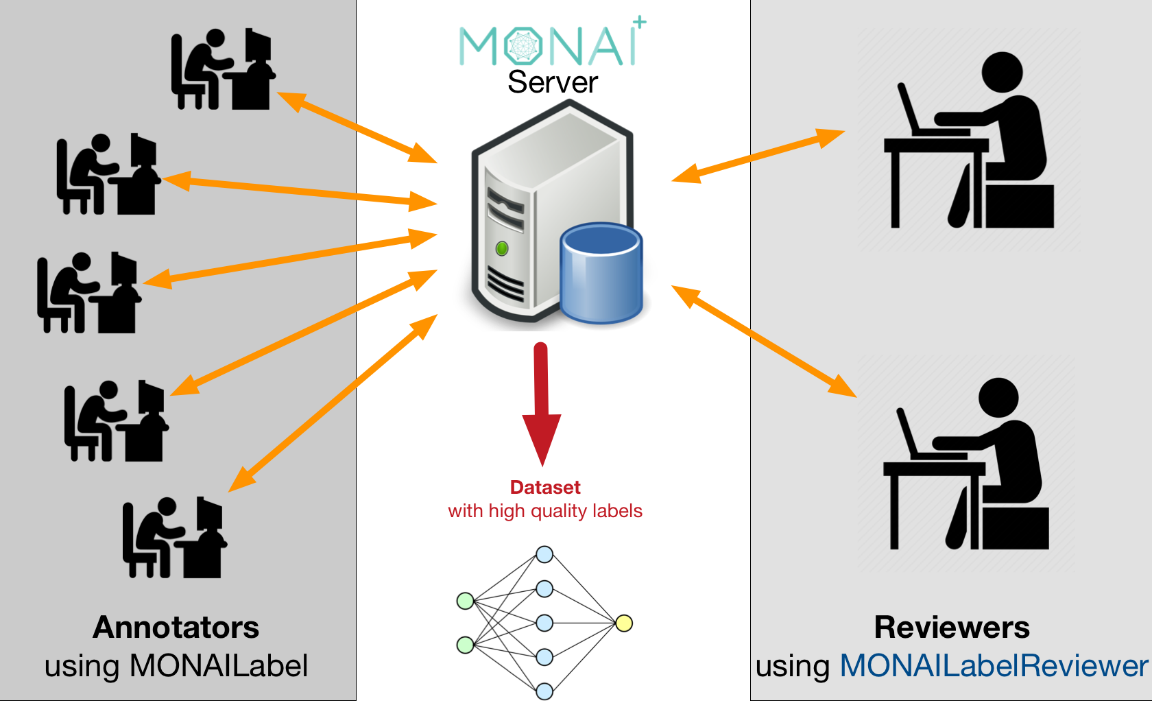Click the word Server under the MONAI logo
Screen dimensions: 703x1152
[x=553, y=82]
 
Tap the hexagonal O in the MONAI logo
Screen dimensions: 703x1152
[x=523, y=46]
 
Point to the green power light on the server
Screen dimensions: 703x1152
[x=502, y=248]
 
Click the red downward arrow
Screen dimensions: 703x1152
[x=542, y=405]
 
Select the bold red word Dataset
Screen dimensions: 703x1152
[x=545, y=487]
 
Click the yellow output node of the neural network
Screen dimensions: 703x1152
[x=623, y=623]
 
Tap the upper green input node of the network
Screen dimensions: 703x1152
[x=466, y=601]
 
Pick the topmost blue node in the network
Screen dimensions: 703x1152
[x=544, y=554]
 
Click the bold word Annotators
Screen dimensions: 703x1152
[x=176, y=627]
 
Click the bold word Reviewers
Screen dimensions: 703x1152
[x=952, y=627]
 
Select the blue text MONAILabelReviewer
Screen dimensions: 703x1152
[x=994, y=665]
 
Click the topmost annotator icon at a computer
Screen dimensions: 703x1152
[x=222, y=69]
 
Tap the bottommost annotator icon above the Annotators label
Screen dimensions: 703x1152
[x=174, y=538]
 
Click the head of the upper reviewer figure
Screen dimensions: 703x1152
[x=1002, y=72]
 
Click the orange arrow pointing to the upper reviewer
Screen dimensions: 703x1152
[x=758, y=156]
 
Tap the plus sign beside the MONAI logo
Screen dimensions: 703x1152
[x=640, y=22]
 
